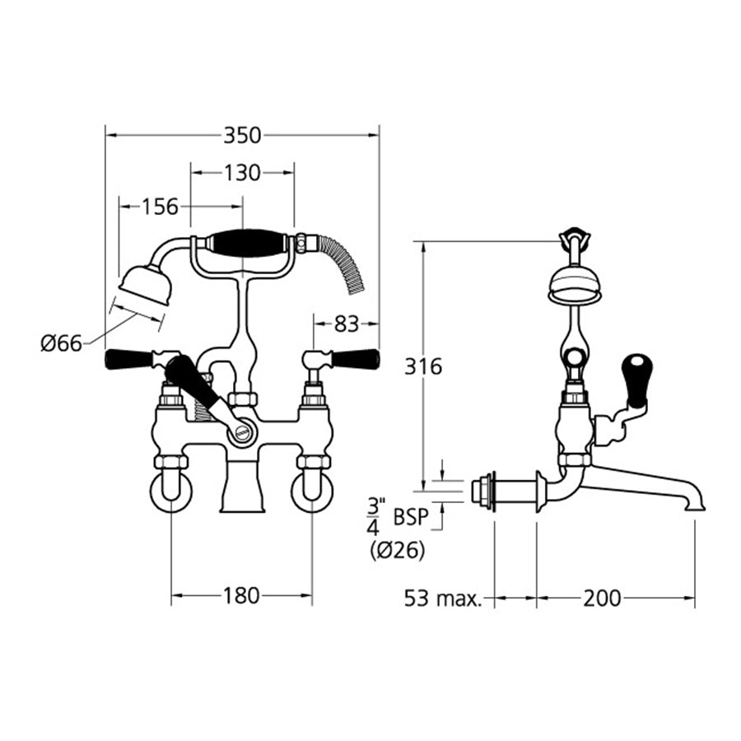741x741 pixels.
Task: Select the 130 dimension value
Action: click(x=242, y=173)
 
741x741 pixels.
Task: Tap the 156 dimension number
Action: click(x=161, y=207)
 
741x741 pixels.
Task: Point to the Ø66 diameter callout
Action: click(x=62, y=343)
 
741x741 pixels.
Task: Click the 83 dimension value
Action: click(x=347, y=324)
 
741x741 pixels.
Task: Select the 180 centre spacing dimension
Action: click(x=241, y=594)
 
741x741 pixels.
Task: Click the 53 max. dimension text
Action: click(x=443, y=598)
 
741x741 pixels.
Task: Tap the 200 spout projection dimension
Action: click(x=603, y=598)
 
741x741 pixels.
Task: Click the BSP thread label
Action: click(x=411, y=517)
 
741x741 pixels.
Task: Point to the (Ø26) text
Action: click(x=398, y=551)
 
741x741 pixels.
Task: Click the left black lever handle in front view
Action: click(x=130, y=360)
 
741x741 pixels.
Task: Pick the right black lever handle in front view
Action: click(x=355, y=359)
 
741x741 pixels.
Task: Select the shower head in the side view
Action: click(x=575, y=284)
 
